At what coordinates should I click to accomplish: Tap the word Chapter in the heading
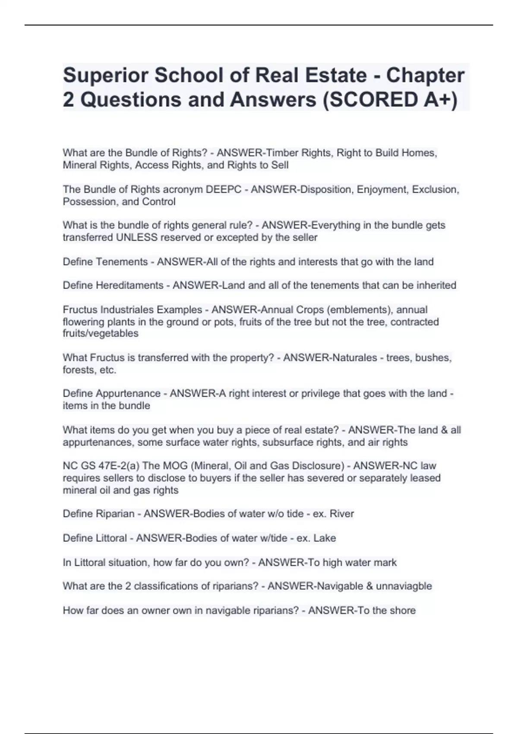click(425, 75)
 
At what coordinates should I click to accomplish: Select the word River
click(342, 514)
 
